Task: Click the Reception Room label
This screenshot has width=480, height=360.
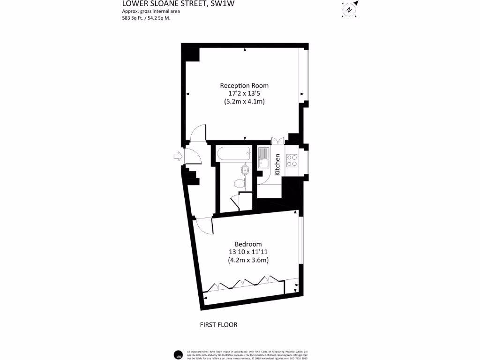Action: (244, 86)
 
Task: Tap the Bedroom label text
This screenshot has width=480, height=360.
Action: (248, 244)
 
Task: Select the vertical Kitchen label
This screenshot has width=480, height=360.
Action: (277, 165)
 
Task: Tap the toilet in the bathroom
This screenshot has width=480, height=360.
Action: (240, 183)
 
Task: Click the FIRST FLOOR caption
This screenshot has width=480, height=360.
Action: (218, 325)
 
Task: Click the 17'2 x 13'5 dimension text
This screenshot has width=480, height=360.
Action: (244, 94)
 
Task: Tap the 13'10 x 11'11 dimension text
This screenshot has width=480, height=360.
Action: (248, 252)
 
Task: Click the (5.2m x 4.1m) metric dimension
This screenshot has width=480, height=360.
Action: (244, 102)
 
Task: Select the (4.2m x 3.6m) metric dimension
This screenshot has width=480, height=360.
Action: (248, 260)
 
